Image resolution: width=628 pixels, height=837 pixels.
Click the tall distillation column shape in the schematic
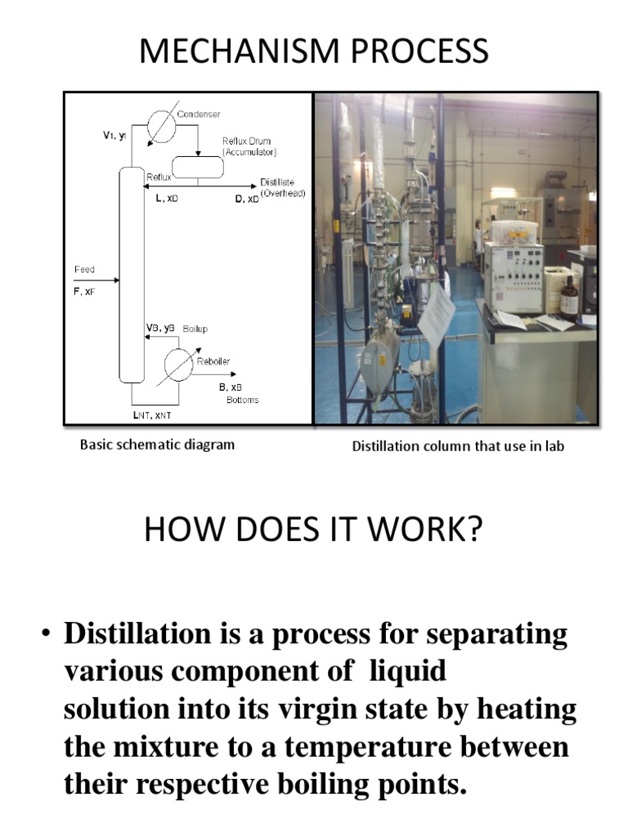(x=130, y=274)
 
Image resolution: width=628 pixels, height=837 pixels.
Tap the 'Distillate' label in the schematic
(x=277, y=182)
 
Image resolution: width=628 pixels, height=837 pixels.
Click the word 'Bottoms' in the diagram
(x=242, y=400)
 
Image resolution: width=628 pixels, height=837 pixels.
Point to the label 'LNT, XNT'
(x=152, y=414)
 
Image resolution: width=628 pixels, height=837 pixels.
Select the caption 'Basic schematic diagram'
(x=157, y=445)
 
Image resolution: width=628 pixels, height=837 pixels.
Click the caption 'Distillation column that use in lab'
(x=458, y=446)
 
